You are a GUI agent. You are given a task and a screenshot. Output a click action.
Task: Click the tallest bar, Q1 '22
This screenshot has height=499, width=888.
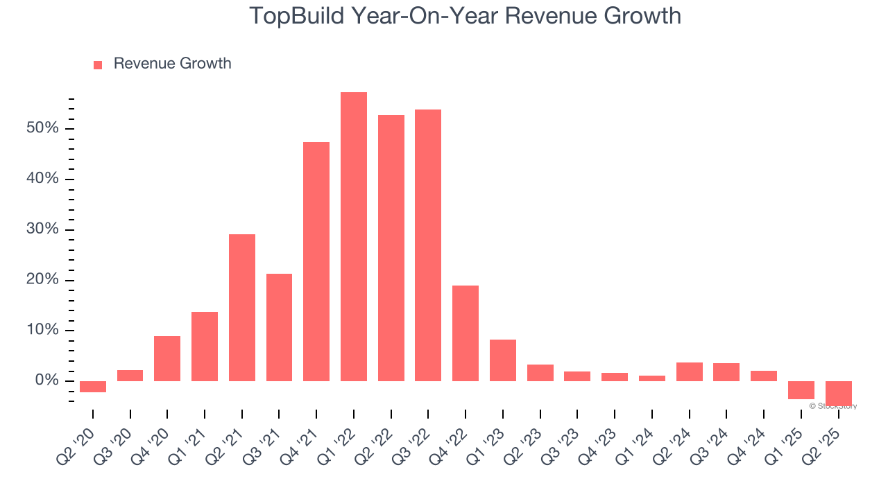(x=354, y=236)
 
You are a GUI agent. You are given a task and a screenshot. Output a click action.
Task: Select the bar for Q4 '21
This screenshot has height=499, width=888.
(x=316, y=261)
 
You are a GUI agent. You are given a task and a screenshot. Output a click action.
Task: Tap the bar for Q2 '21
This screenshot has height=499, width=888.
(x=242, y=308)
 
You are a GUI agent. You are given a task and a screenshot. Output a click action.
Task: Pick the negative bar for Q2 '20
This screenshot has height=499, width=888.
(x=93, y=387)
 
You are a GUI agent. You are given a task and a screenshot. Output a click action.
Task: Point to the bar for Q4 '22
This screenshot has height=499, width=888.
(x=466, y=333)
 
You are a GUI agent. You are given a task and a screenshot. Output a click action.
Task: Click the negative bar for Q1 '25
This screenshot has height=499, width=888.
(x=801, y=390)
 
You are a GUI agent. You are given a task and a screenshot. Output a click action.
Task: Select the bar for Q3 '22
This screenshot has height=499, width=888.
(x=428, y=245)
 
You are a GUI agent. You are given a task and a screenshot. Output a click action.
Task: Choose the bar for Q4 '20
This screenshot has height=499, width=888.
(x=167, y=358)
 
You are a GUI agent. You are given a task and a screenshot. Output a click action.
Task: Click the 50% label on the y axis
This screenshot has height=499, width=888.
(x=43, y=129)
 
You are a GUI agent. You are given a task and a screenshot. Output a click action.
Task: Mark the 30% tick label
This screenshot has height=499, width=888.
(x=43, y=230)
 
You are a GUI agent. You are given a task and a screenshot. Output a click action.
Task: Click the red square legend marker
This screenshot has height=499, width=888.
(x=98, y=64)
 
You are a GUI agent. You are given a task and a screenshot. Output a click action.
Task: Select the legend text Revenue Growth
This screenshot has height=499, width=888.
(x=172, y=64)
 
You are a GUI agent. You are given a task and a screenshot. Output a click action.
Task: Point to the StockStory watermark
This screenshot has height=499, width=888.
(x=833, y=406)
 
